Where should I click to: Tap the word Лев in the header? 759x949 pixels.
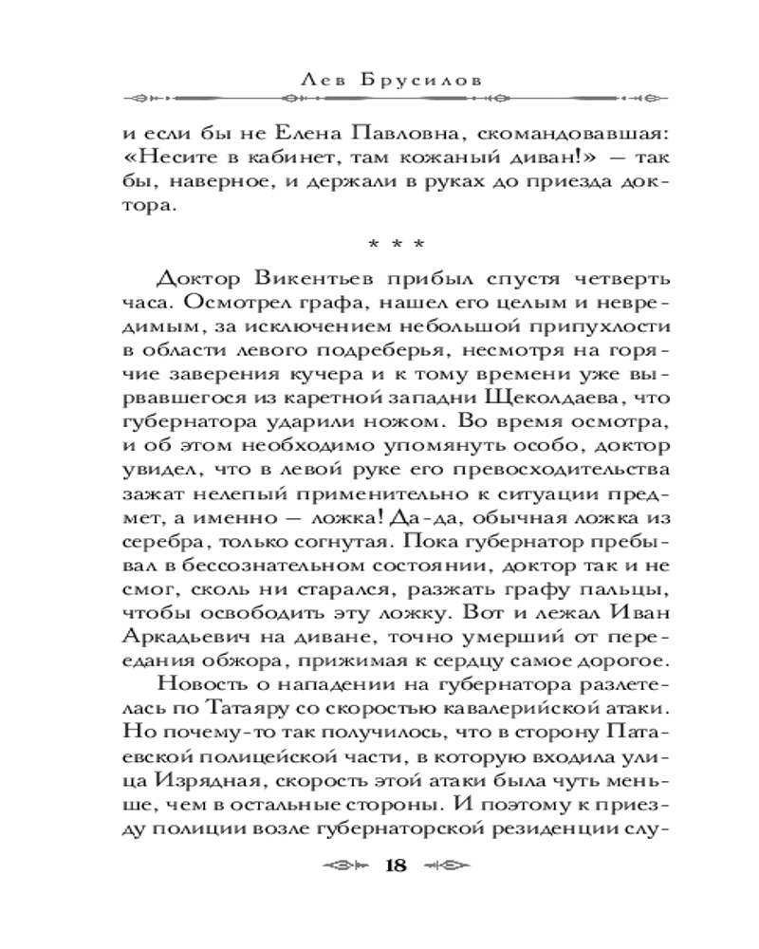tap(321, 81)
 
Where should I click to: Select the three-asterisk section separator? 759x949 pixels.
tap(380, 244)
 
